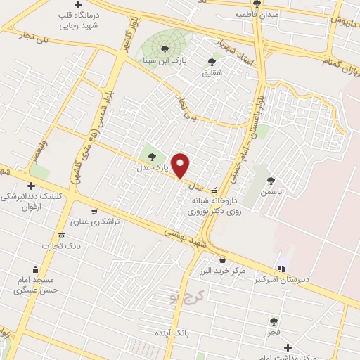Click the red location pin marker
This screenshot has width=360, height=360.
click(x=181, y=165)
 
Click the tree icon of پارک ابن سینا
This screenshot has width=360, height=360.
click(x=165, y=49)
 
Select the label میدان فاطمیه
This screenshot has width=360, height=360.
click(x=257, y=14)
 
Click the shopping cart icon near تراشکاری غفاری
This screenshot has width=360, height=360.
click(x=94, y=210)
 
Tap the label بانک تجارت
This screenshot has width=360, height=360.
click(x=82, y=245)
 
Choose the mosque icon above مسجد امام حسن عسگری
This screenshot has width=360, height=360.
click(x=35, y=269)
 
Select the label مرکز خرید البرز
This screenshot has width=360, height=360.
click(x=222, y=271)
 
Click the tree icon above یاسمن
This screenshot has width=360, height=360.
click(x=271, y=181)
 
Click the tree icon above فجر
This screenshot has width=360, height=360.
click(x=274, y=321)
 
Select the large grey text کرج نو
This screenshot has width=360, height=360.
click(x=186, y=296)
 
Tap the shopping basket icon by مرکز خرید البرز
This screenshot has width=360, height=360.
click(x=222, y=259)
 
